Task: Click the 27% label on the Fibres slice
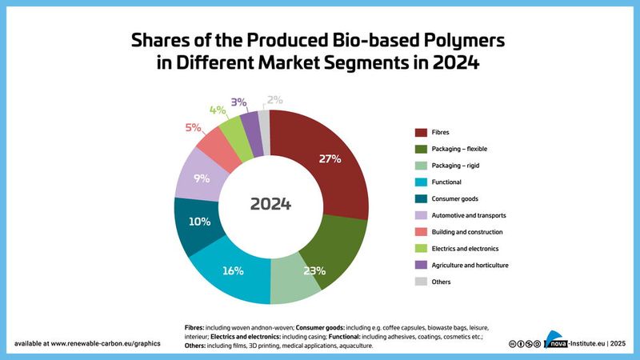(330, 159)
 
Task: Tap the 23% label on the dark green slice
(313, 270)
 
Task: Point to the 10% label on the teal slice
(199, 222)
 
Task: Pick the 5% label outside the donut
(193, 127)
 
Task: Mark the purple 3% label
(238, 102)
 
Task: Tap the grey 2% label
(274, 100)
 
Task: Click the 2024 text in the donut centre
(270, 203)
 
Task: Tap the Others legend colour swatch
(420, 282)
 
